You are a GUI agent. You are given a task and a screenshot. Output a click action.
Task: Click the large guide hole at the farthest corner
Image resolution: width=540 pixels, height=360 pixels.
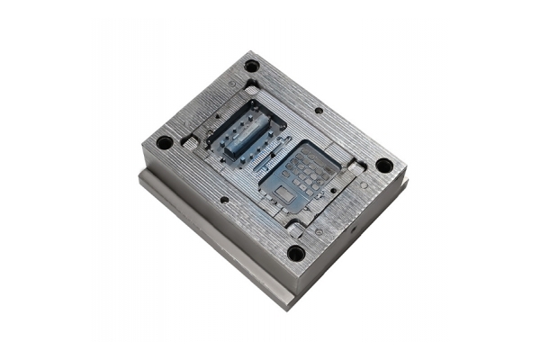pyautogui.click(x=252, y=66)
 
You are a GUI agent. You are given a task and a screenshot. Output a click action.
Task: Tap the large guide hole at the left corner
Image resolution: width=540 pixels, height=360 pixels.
pyautogui.click(x=164, y=142)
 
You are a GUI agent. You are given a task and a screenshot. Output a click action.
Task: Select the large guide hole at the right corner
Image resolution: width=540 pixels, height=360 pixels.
pyautogui.click(x=384, y=166)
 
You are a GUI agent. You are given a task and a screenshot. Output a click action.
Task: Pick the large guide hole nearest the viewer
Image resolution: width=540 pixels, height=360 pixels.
pyautogui.click(x=296, y=253)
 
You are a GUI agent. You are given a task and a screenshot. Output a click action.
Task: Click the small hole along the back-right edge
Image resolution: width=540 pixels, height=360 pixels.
pyautogui.click(x=319, y=111)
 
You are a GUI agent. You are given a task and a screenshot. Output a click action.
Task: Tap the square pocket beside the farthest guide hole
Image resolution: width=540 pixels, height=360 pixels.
pyautogui.click(x=253, y=85)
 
